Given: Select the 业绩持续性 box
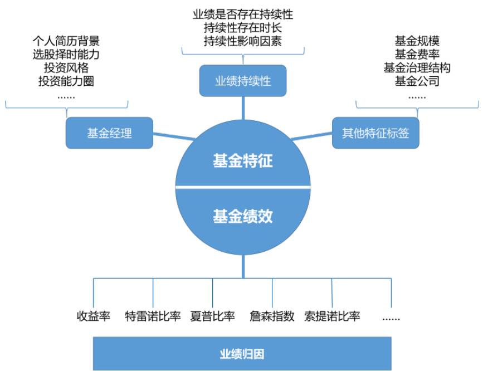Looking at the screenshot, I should click(242, 81).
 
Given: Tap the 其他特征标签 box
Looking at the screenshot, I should click(375, 133).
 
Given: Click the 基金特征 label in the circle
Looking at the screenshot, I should click(242, 162).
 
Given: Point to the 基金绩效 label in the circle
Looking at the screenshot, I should click(242, 216).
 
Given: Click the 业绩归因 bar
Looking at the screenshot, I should click(242, 353).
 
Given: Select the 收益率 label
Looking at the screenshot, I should click(93, 316).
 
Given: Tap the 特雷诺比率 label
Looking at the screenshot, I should click(153, 316).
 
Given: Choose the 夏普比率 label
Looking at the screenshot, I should click(212, 316).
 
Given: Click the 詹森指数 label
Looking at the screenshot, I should click(272, 316).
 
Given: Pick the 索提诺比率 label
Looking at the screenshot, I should click(332, 316).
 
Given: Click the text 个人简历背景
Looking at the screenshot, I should click(66, 41).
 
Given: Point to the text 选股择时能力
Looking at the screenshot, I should click(66, 55).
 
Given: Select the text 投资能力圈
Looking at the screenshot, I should click(66, 81).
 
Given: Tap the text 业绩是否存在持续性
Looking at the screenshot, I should click(242, 14).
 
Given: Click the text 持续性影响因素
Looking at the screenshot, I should click(242, 41).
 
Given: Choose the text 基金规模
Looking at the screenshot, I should click(417, 41).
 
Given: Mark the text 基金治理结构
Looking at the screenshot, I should click(417, 68).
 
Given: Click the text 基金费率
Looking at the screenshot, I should click(417, 55).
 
